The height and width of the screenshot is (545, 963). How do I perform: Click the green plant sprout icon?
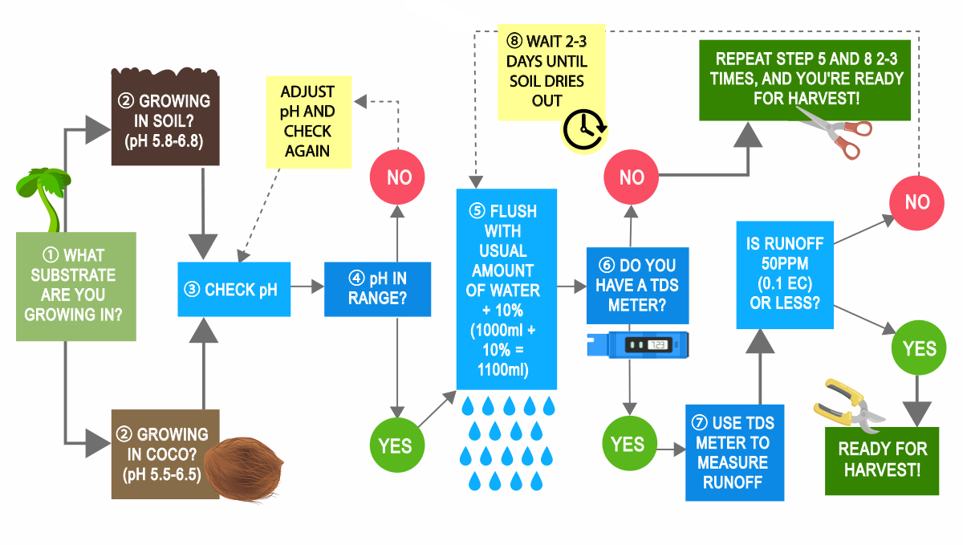40,193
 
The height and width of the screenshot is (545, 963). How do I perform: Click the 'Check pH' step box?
234,289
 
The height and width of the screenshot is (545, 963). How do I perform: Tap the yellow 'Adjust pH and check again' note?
308,122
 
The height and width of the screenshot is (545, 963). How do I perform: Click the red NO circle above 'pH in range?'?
399,177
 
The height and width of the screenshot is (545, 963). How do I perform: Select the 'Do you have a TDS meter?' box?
637,285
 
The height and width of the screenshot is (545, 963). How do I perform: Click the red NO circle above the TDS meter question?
632,177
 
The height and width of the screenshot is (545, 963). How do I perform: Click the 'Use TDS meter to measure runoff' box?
734,453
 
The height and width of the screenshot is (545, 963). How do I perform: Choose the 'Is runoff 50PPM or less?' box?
785,275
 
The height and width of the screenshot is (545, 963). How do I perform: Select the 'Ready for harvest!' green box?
882,460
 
